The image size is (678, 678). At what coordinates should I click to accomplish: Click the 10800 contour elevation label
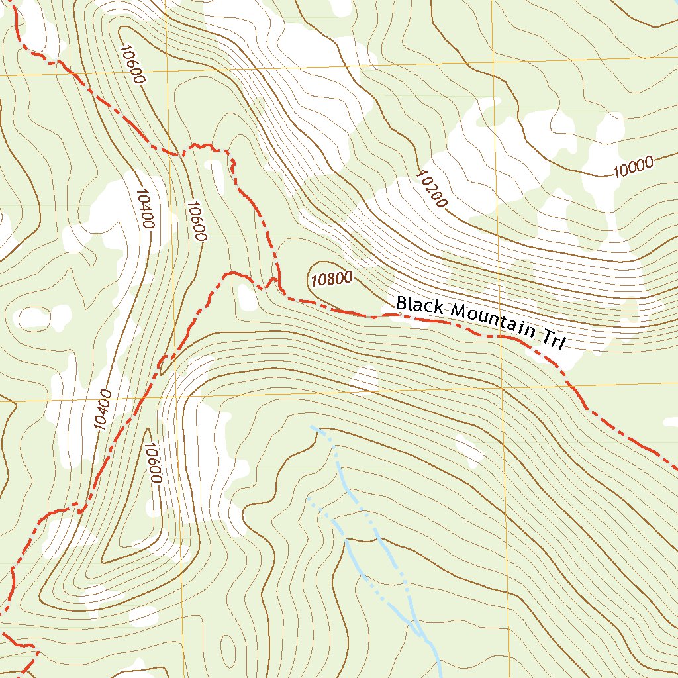point(331,279)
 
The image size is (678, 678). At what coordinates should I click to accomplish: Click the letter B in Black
point(401,303)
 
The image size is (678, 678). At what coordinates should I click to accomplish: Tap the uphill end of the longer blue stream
point(313,428)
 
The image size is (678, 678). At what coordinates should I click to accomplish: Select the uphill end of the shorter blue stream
point(309,499)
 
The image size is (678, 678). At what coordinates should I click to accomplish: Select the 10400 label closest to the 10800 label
point(144,209)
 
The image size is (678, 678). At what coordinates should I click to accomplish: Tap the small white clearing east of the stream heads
point(469,450)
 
